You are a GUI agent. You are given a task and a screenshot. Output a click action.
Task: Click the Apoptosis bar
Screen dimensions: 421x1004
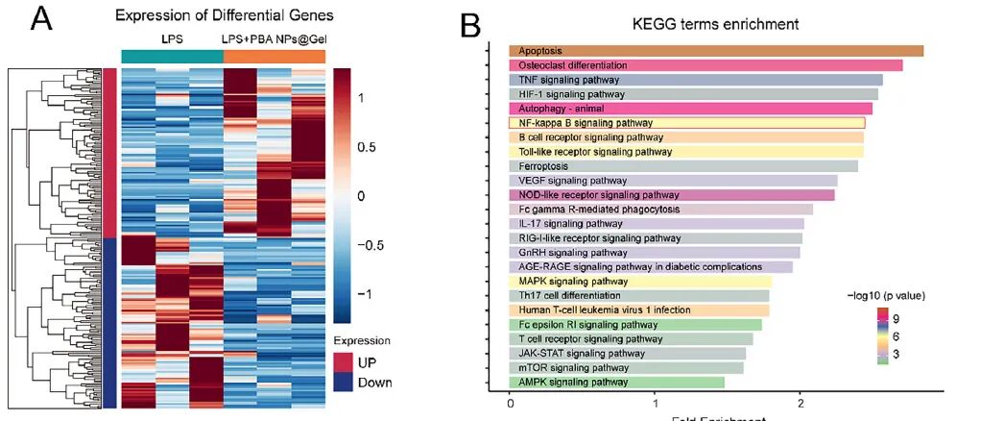tap(716, 51)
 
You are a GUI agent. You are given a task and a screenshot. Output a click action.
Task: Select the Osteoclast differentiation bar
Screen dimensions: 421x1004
tap(705, 65)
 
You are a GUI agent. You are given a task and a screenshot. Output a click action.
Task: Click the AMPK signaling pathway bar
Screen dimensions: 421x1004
tap(616, 382)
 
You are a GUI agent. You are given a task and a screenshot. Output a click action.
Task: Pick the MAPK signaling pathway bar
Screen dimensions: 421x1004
tap(640, 281)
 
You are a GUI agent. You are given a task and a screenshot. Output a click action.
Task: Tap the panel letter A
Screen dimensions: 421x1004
tap(41, 19)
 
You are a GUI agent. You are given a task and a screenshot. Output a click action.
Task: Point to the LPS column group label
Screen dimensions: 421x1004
tap(172, 37)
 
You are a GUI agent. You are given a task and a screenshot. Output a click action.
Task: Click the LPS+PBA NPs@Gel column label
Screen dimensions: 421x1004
tap(275, 37)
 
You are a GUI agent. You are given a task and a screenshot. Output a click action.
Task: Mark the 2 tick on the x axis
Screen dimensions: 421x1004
tap(801, 404)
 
